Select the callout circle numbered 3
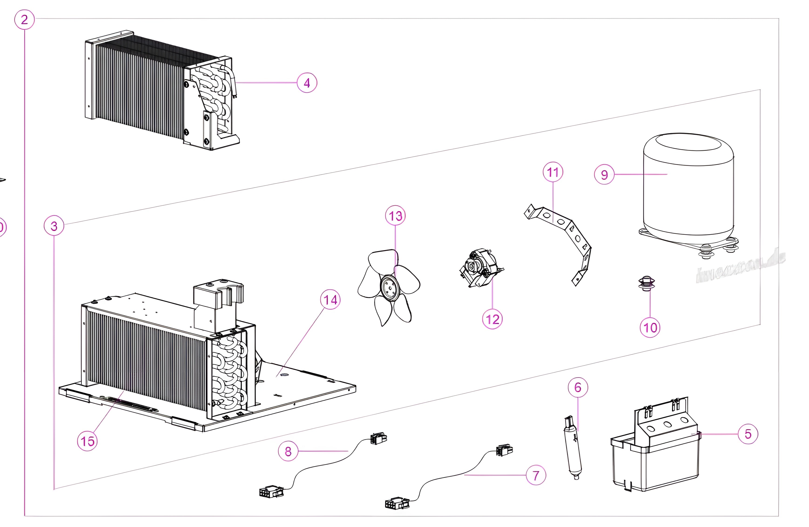54,226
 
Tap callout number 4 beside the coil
307,83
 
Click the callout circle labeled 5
748,434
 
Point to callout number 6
578,387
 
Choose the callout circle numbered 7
536,475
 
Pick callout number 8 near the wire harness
288,451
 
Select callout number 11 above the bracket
553,172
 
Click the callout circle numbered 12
492,319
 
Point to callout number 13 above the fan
395,216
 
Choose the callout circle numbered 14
330,300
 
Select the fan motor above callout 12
480,269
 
